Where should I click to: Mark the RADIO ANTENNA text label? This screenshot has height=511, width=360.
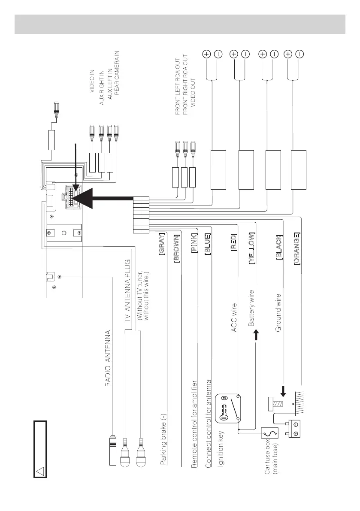pyautogui.click(x=109, y=358)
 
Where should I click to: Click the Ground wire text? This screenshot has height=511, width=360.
pyautogui.click(x=278, y=313)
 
